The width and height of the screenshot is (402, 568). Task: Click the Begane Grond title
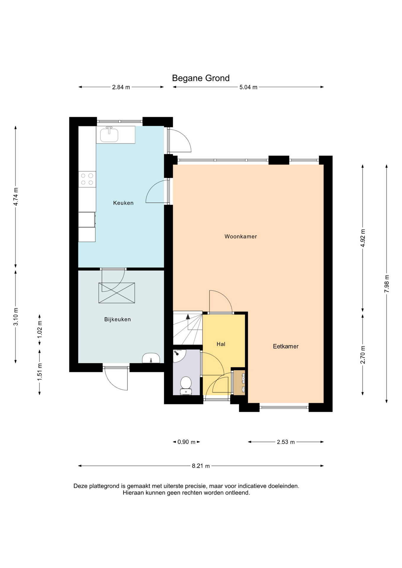pos(201,78)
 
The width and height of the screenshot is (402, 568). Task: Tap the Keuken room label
pos(123,203)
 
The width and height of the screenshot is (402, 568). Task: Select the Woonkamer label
pos(241,236)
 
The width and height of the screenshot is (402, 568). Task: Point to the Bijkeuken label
pos(117,319)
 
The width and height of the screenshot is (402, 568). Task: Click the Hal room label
pos(221,344)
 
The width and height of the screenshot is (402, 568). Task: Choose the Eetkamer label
pos(286,346)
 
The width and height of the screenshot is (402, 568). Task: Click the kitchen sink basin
pos(109,135)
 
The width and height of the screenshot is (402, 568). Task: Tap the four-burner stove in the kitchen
pos(87,179)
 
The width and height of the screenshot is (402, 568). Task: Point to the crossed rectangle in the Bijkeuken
pos(117,293)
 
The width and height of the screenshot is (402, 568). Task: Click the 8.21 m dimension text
pos(201,466)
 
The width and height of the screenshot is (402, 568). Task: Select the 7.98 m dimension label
pos(387,284)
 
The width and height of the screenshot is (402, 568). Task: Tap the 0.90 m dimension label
pos(186,442)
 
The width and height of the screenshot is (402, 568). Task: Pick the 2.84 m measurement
pos(121,87)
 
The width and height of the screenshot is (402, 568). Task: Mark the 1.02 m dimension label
pos(40,330)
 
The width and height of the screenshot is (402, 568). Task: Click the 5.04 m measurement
pos(248,87)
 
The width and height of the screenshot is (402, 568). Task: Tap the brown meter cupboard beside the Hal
pos(239,383)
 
